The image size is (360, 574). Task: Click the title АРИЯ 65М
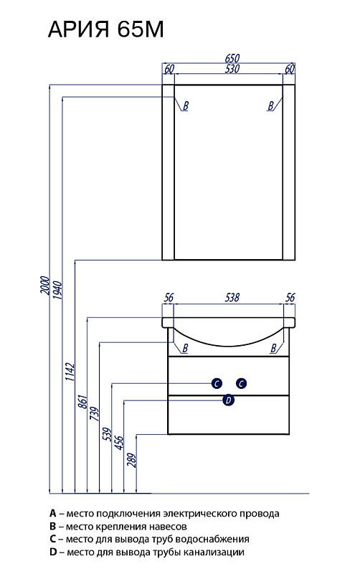tap(105, 29)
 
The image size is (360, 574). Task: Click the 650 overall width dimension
tap(232, 58)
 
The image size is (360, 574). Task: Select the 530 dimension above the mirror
tap(232, 68)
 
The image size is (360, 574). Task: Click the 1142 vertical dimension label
tap(70, 372)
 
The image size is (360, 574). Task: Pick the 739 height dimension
tap(95, 414)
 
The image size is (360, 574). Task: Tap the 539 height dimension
tap(107, 434)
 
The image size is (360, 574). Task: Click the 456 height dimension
tap(119, 443)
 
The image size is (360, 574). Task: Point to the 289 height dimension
tap(132, 461)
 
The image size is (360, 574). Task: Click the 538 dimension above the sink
tap(232, 297)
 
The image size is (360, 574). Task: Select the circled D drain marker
tap(228, 400)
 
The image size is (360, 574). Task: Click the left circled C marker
tap(217, 384)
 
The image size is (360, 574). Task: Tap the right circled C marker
tap(241, 384)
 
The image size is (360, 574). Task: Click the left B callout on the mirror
tap(185, 106)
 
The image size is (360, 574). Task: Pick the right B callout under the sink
tap(273, 348)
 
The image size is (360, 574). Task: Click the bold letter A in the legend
tap(52, 513)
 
